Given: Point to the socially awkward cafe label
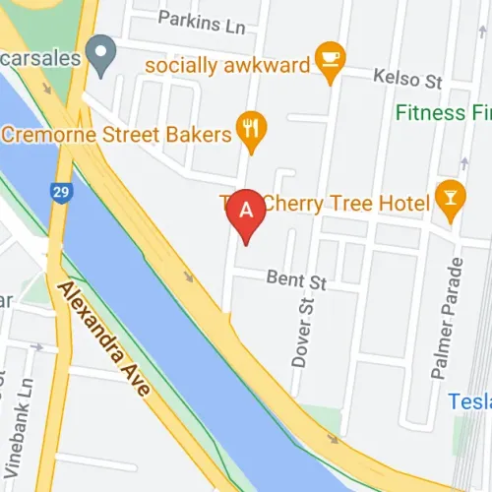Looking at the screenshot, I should pyautogui.click(x=225, y=65).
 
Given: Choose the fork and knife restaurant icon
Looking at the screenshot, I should pyautogui.click(x=253, y=130).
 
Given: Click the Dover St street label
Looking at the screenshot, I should pyautogui.click(x=304, y=334).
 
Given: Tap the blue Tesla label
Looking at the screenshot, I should pyautogui.click(x=469, y=401).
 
